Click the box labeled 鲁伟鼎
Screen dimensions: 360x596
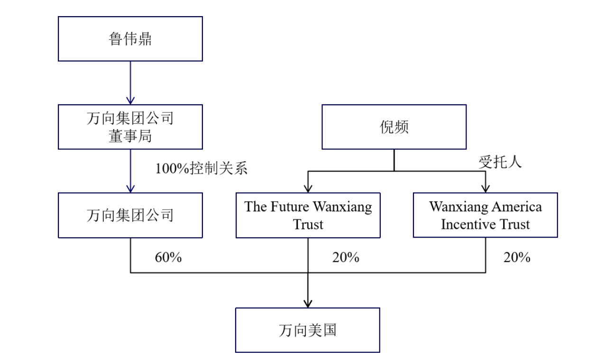tap(130, 39)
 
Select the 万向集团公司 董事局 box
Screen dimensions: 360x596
tap(130, 127)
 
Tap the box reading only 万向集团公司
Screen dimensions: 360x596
tap(130, 215)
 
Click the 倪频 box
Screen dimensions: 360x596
tap(394, 127)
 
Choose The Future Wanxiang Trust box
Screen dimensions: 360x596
tap(308, 215)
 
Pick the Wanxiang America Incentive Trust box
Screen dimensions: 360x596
tap(485, 215)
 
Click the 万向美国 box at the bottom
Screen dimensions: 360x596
tap(308, 330)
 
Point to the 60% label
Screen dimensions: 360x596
tap(168, 258)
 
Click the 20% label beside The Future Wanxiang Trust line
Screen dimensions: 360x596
tap(345, 258)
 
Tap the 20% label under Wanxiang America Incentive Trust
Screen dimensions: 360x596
tap(516, 258)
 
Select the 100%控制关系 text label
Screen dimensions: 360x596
tap(202, 169)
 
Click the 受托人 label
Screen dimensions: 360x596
tap(500, 162)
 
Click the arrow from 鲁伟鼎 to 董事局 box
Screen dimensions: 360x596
tap(130, 83)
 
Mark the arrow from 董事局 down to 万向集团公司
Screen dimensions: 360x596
tap(130, 171)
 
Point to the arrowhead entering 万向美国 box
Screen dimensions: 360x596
tap(308, 303)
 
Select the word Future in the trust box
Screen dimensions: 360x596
tap(291, 207)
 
